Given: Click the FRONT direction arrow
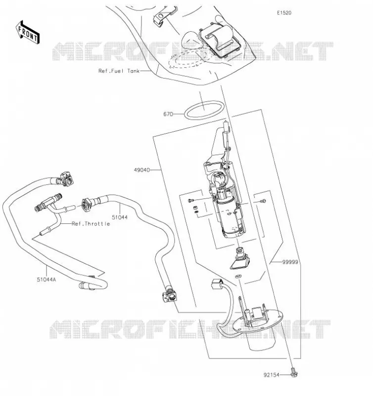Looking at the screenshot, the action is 28,33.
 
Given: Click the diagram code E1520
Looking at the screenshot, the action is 284,13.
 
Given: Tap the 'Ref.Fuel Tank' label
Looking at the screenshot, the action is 119,71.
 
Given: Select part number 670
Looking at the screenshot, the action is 168,114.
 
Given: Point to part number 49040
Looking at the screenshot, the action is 142,170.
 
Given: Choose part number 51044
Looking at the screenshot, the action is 120,217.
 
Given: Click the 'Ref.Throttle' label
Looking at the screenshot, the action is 91,224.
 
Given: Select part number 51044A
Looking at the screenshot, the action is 47,280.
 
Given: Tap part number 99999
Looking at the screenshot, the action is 290,262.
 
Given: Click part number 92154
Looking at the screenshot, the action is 272,375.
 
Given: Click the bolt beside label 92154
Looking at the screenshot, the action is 294,372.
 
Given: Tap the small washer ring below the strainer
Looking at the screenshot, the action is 238,276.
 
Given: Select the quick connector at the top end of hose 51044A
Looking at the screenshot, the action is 66,179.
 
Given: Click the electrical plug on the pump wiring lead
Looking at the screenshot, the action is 217,284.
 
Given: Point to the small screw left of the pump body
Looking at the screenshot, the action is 191,200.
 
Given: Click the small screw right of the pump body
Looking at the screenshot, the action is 263,201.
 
